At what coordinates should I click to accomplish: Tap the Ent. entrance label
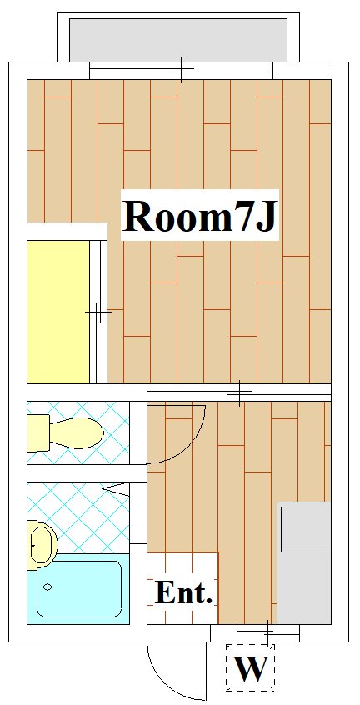pos(183,592)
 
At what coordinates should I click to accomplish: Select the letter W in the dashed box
pos(251,668)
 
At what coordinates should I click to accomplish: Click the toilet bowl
pos(77,433)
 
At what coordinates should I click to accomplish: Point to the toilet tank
pos(38,433)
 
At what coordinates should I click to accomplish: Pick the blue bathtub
pos(78,589)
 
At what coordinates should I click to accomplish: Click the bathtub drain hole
pos(47,587)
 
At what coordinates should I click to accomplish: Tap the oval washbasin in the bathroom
pos(42,543)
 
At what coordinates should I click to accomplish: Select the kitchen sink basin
pos(304,529)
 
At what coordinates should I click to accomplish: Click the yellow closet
pos(58,312)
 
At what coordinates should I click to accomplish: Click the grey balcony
pos(178,39)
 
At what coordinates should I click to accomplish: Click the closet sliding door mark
pos(98,312)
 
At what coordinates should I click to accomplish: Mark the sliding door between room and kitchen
pos(239,392)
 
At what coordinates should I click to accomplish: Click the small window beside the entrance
pos(268,633)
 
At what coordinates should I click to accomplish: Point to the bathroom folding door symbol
pos(116,487)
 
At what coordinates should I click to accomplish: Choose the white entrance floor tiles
pos(182,588)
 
